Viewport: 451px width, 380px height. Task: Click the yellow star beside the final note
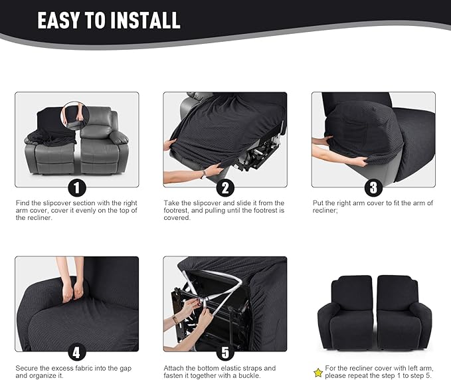pos(318,373)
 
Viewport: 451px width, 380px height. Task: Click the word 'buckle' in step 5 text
pos(262,375)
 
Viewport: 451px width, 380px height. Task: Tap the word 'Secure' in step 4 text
pos(27,367)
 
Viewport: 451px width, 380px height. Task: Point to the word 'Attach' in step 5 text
pos(174,367)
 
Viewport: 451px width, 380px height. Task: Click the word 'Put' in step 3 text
pos(317,203)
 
